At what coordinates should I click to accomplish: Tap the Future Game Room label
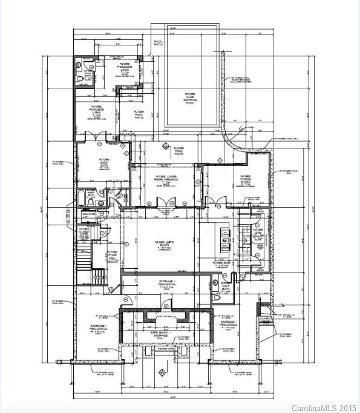click(x=163, y=243)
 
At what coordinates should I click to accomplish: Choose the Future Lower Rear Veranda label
click(x=162, y=180)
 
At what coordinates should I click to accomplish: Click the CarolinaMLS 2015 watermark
click(x=324, y=408)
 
